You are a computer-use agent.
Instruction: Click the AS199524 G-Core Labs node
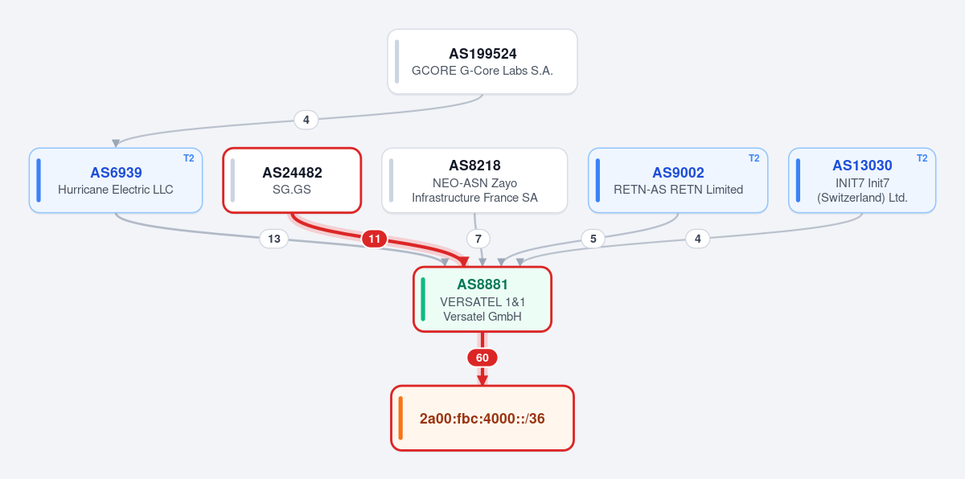[x=482, y=62]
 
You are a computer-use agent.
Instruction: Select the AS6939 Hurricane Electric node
[x=116, y=180]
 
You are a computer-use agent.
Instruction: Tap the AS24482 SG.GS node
[x=292, y=180]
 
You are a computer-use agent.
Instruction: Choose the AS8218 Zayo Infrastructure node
[x=474, y=180]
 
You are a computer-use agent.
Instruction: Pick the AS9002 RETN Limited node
[x=678, y=180]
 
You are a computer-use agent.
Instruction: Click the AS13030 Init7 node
[x=862, y=180]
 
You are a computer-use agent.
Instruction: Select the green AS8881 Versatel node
[x=482, y=300]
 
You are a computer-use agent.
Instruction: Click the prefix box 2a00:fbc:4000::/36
[x=482, y=418]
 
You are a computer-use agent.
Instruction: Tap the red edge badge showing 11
[x=375, y=239]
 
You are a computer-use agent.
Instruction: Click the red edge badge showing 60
[x=482, y=358]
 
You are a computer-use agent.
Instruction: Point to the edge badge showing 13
[x=274, y=239]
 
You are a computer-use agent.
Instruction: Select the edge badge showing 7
[x=478, y=239]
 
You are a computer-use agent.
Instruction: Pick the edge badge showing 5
[x=593, y=239]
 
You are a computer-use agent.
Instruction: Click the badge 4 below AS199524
[x=306, y=120]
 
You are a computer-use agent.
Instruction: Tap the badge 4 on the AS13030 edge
[x=698, y=239]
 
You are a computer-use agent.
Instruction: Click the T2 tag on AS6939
[x=189, y=158]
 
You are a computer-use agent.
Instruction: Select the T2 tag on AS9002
[x=754, y=158]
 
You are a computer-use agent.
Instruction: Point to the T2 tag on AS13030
[x=922, y=158]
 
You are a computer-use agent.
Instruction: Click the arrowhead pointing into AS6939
[x=116, y=143]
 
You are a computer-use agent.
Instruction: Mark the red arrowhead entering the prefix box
[x=482, y=380]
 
